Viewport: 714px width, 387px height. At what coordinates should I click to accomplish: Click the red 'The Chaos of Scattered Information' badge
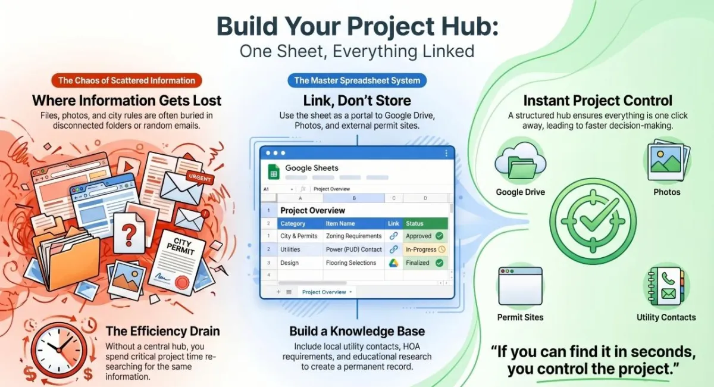pos(126,80)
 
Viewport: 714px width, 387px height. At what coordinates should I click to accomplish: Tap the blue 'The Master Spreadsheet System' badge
pos(357,80)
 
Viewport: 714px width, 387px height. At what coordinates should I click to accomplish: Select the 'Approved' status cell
pos(425,236)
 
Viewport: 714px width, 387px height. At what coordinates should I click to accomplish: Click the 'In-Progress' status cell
pos(425,249)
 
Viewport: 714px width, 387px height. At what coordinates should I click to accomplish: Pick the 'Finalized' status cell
pos(425,263)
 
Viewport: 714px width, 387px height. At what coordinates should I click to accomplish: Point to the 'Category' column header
pos(293,223)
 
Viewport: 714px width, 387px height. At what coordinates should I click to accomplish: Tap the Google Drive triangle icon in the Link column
pos(393,263)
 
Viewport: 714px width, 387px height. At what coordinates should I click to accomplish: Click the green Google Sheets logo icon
pos(274,172)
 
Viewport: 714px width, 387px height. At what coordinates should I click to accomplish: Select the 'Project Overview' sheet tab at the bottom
pos(324,292)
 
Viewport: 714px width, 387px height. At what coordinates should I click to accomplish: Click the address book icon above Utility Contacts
pos(665,288)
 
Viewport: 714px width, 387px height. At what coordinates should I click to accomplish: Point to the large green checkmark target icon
pos(592,221)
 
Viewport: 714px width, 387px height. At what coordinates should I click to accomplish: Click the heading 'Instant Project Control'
pos(598,100)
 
